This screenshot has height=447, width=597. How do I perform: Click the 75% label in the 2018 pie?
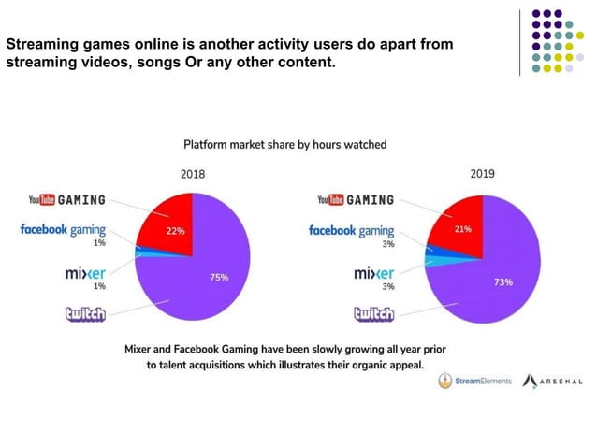(x=219, y=278)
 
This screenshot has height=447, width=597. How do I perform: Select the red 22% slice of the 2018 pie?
(x=168, y=224)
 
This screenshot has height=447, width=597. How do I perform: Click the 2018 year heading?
(x=192, y=174)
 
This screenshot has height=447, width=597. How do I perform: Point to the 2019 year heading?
(x=483, y=174)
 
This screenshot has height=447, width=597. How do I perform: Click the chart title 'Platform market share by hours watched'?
(x=284, y=145)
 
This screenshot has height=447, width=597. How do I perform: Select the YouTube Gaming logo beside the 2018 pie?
(x=66, y=200)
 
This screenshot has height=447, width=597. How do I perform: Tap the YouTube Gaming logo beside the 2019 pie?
(x=356, y=200)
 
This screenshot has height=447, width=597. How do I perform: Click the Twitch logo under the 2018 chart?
(x=84, y=314)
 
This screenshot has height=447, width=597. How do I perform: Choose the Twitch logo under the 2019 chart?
(x=373, y=314)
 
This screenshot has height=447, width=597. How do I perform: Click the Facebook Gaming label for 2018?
(x=63, y=230)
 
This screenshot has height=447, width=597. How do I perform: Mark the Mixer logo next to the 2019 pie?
(x=374, y=273)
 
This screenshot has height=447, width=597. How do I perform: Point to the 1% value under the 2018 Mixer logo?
(x=99, y=286)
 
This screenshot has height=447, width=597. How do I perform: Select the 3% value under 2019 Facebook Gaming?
(x=388, y=243)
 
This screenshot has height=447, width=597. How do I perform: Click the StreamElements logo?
(x=475, y=382)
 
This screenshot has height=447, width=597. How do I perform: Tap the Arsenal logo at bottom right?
(x=552, y=382)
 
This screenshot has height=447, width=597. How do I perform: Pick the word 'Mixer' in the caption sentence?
(x=142, y=349)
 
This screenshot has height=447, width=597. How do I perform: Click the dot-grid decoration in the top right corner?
(x=558, y=42)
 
